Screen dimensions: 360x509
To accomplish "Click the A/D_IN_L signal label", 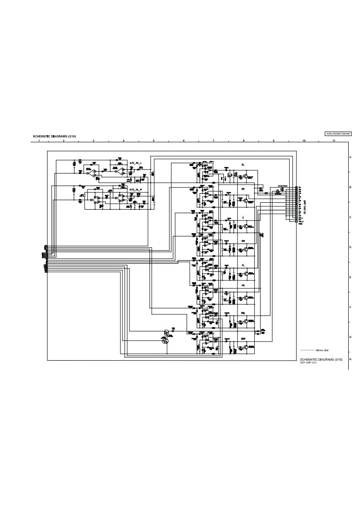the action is click(x=136, y=162).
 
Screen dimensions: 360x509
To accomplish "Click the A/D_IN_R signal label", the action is click(x=136, y=189).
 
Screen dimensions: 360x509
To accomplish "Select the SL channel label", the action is click(x=243, y=164).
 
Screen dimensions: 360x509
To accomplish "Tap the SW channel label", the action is click(x=243, y=241).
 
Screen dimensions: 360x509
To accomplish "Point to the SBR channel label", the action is click(x=243, y=338).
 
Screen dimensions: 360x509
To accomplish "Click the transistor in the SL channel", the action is click(x=246, y=176).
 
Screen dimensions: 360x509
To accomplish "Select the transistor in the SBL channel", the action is click(x=246, y=322).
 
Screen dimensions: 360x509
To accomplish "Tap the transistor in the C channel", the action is click(x=246, y=225).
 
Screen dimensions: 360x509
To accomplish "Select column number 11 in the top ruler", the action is click(x=334, y=141).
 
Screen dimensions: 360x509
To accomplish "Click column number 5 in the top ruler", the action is click(x=153, y=141).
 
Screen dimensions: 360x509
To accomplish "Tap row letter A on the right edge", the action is click(x=350, y=157).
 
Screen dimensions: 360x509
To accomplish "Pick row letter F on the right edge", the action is click(x=350, y=308).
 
